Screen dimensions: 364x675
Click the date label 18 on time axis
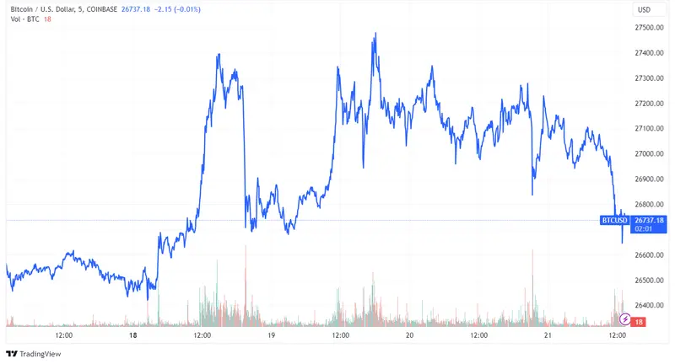click(133, 335)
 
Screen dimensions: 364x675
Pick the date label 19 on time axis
click(271, 335)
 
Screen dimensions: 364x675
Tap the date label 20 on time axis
click(409, 335)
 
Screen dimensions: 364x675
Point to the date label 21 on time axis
click(547, 335)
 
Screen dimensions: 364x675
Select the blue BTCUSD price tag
click(614, 221)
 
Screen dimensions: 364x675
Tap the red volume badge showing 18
click(640, 322)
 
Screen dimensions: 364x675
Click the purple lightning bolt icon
click(624, 319)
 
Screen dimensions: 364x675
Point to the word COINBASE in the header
click(129, 9)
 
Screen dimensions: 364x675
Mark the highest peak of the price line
click(374, 35)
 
